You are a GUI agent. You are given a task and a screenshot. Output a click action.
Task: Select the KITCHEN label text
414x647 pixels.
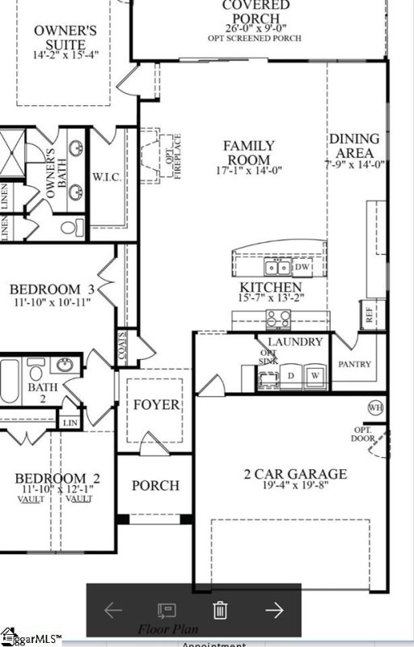[x=271, y=288]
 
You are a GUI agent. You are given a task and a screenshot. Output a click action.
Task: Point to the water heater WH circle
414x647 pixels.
[x=375, y=407]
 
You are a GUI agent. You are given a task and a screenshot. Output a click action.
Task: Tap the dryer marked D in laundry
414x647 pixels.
[x=291, y=375]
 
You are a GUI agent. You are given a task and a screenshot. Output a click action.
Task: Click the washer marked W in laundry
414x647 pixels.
[x=316, y=375]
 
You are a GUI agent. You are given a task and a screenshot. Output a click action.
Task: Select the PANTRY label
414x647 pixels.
[x=355, y=364]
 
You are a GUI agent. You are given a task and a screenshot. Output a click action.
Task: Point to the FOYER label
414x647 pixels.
[x=156, y=404]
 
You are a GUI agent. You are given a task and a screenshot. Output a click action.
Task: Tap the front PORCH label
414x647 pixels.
[x=155, y=485]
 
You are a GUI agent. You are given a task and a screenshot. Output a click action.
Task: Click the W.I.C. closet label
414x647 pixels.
[x=107, y=177]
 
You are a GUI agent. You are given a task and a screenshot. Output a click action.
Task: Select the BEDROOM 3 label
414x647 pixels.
[x=57, y=289]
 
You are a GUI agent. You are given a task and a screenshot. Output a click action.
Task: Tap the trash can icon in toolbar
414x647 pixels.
[x=219, y=610]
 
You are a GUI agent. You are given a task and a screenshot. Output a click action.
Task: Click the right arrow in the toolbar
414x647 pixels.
[x=274, y=610]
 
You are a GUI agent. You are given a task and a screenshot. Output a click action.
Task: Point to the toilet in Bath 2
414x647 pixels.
[x=36, y=372]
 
